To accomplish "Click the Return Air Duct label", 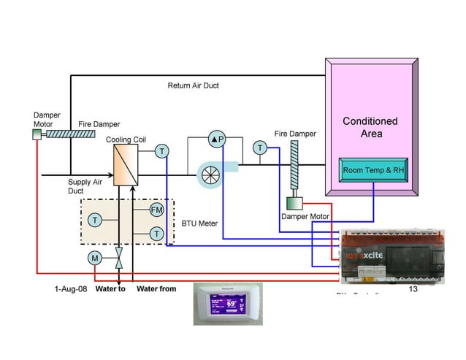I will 193,85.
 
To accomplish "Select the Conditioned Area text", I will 370,127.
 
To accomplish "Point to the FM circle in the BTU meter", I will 156,210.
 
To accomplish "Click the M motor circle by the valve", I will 94,258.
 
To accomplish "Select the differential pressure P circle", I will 218,139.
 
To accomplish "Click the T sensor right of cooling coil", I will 161,151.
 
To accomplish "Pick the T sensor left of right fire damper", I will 260,148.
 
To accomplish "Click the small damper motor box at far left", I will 37,135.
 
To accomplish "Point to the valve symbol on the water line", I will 118,257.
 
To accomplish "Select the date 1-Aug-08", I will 70,289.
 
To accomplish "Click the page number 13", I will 413,289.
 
